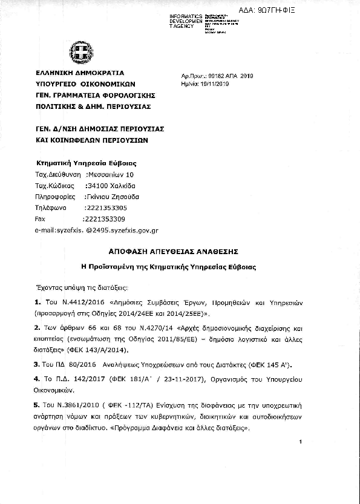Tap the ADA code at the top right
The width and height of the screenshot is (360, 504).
323,10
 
